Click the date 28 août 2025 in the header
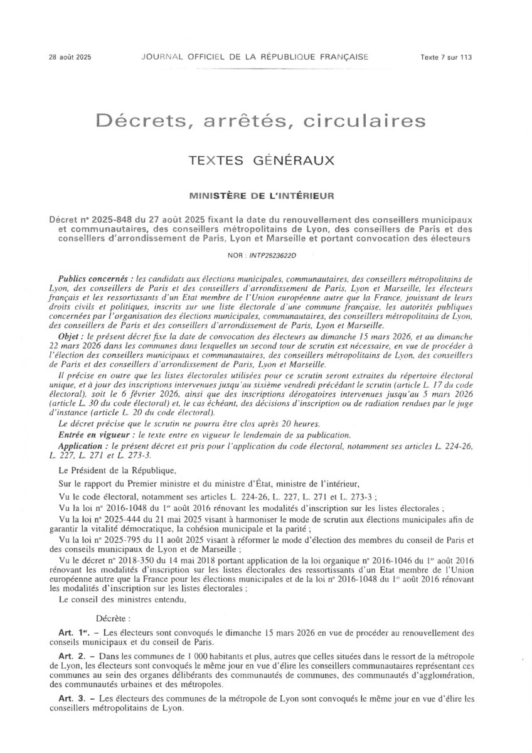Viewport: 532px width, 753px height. point(70,57)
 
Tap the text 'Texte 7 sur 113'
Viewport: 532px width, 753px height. point(445,57)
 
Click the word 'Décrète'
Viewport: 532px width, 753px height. point(114,618)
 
